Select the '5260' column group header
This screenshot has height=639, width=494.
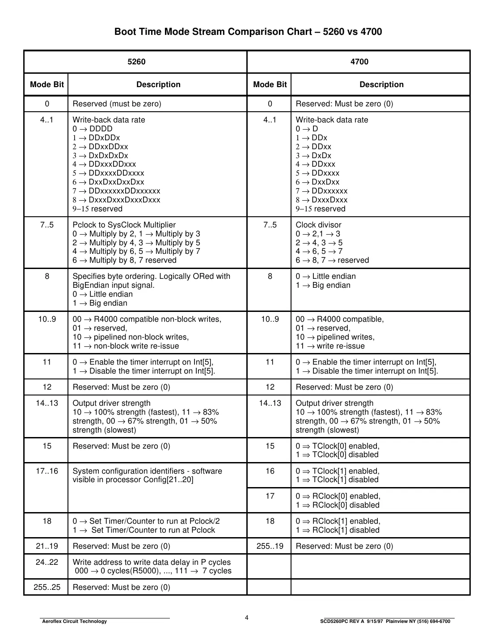[x=136, y=62]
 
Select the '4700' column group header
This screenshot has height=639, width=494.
[x=359, y=62]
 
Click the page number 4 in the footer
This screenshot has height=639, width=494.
[x=246, y=618]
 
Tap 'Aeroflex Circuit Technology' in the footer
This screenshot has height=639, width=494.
[x=74, y=621]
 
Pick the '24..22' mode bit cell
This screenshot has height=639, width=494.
[x=47, y=562]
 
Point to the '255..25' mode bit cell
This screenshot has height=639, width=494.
[x=47, y=587]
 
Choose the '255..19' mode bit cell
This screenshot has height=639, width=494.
[x=270, y=546]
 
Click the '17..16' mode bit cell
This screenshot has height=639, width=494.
[x=47, y=471]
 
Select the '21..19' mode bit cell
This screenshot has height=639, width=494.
[x=47, y=546]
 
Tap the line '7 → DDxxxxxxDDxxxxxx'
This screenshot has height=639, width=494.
[x=116, y=191]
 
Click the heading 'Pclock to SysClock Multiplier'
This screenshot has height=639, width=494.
[x=124, y=225]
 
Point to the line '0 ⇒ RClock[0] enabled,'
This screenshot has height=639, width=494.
[x=338, y=496]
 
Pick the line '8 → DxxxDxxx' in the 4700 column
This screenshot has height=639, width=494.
[x=321, y=200]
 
